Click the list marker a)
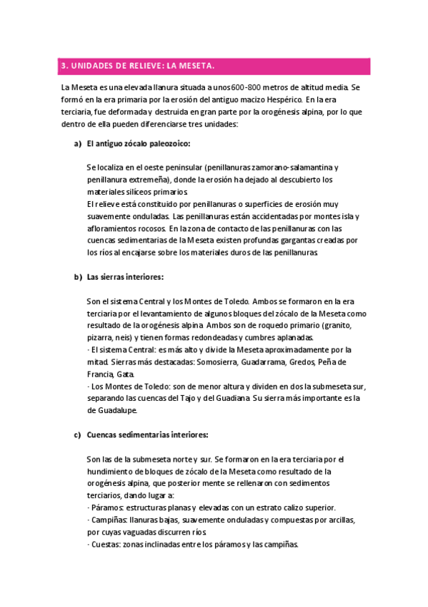[x=77, y=144]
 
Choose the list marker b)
[x=77, y=276]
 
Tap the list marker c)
[x=77, y=434]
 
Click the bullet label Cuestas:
[x=104, y=544]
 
